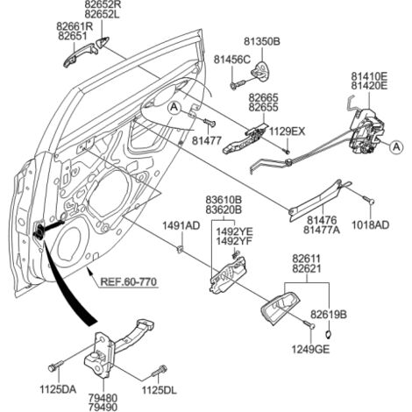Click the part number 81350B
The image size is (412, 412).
point(262,41)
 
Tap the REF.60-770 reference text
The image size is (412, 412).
point(129,282)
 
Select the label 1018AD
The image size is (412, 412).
point(370,224)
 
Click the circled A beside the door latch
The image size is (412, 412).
point(396,146)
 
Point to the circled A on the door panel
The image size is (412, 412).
point(174,108)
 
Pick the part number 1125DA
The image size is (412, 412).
point(58,389)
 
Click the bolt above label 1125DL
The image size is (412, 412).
point(160,371)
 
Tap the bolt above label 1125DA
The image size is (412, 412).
point(55,366)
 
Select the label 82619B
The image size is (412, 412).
point(329,315)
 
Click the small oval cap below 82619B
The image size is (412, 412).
point(329,334)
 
